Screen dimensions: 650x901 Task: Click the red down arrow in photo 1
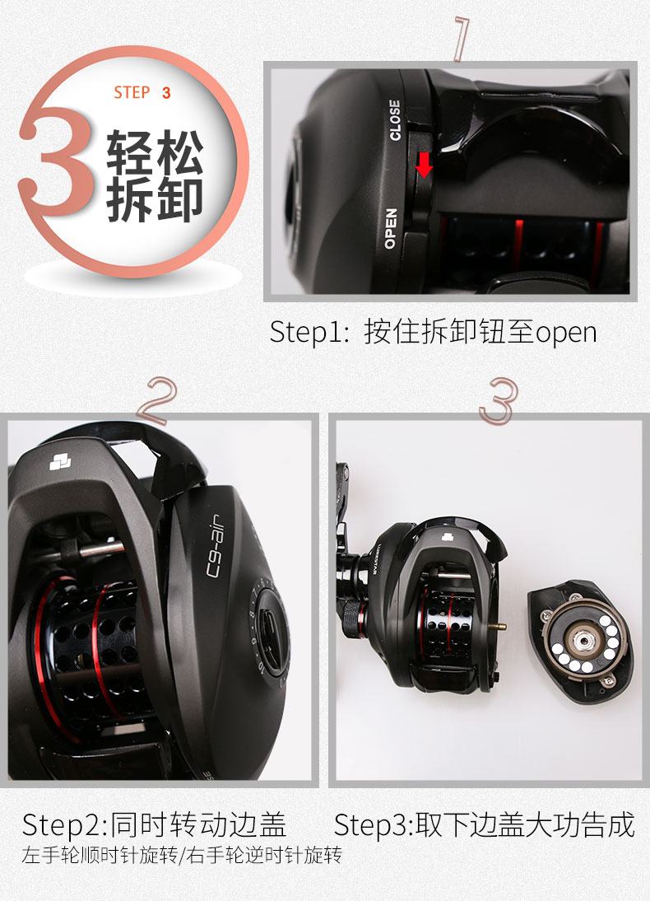coord(424,165)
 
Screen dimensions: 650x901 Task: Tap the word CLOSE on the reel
coord(394,120)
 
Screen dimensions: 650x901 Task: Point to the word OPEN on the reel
coord(391,229)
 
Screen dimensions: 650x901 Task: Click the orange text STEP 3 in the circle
coord(142,92)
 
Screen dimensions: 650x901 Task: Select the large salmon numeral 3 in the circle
coord(56,161)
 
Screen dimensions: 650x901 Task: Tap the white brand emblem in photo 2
coord(60,461)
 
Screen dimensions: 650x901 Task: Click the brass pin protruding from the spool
coord(499,626)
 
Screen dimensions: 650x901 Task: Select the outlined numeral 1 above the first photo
coord(462,39)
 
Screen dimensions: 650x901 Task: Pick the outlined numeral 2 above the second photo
coord(156,400)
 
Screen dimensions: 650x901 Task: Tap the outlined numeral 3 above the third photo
coord(499,400)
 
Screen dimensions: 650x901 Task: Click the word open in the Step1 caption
coord(566,333)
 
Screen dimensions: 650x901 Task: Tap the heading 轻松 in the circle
coord(155,152)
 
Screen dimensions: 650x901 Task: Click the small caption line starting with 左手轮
coord(182,855)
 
